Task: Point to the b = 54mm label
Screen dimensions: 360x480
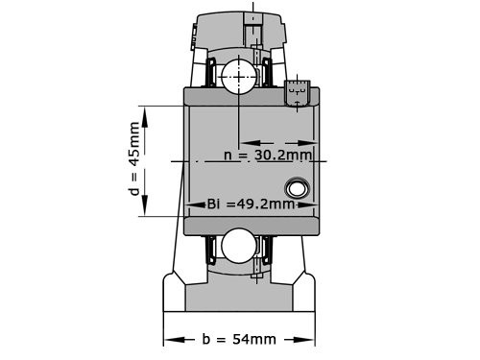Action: click(x=239, y=339)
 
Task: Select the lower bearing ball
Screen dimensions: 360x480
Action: click(x=236, y=246)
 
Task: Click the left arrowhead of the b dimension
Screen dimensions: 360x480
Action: click(x=170, y=339)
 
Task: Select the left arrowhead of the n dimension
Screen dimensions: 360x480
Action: click(x=242, y=154)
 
